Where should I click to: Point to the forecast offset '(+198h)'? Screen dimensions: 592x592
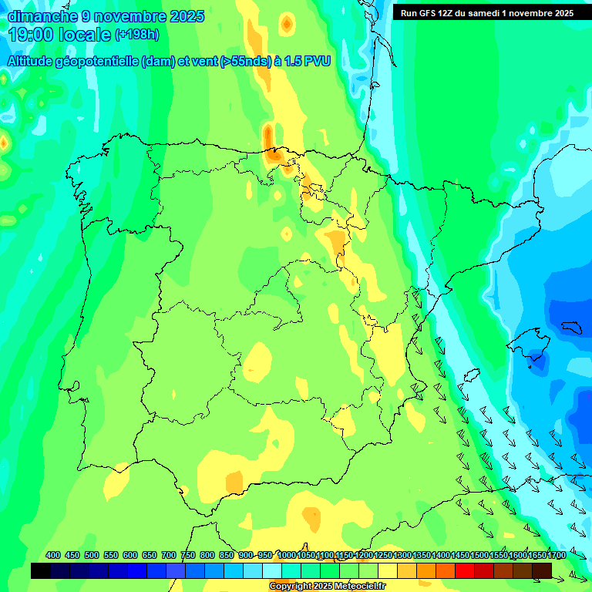coord(136,35)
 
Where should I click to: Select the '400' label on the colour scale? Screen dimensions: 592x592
coord(53,555)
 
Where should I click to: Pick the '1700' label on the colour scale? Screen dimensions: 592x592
coord(536,555)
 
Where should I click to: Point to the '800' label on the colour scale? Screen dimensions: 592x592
coord(207,555)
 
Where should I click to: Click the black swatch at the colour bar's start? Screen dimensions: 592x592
coord(41,570)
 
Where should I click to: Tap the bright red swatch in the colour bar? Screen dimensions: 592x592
coord(465,570)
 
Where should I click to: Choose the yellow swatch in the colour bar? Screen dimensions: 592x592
coord(388,570)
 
